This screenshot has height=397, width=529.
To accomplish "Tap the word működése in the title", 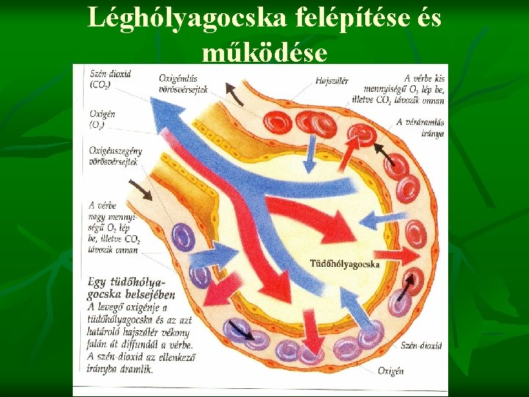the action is point(264,52).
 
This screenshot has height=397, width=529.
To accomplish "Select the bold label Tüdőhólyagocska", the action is point(345,263).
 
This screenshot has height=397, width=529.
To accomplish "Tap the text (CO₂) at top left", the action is point(101,85).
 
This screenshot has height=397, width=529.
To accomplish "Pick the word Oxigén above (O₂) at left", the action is point(102,114).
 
